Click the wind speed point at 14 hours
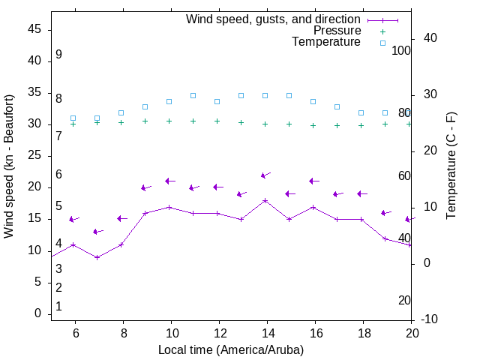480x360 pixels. point(265,200)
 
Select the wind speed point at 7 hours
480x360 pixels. point(97,257)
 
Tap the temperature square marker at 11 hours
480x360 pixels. point(193,95)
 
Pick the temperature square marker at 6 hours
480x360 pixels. point(73,118)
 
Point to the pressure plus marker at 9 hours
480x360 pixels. point(145,121)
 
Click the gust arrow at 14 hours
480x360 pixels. point(264,175)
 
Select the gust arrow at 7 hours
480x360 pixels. point(96,232)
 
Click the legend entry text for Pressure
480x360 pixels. point(337,31)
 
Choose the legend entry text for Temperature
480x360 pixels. point(326,42)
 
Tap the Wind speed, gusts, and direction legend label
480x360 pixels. point(273,19)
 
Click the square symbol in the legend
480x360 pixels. point(382,43)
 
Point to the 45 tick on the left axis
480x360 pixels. point(33,29)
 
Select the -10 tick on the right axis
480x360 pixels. point(430,319)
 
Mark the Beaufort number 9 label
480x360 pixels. point(58,55)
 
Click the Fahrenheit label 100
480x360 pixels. point(402,50)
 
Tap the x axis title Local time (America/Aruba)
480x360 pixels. point(231,349)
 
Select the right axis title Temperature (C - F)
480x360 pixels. point(451,166)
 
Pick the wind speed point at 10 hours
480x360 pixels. point(169,207)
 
